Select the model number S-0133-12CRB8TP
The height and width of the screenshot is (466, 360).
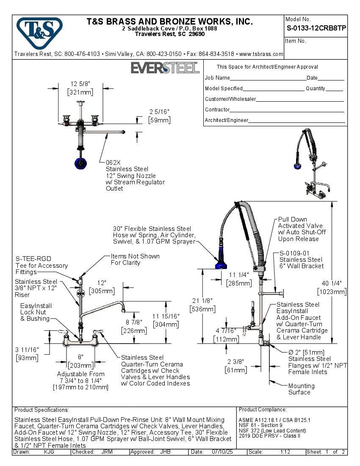(x=316, y=28)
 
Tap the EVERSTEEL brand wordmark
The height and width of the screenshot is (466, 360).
(x=165, y=68)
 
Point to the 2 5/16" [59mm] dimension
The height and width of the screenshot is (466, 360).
(x=159, y=116)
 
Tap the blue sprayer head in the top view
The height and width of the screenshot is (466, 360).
(x=79, y=163)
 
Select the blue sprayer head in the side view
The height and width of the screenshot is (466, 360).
(x=221, y=262)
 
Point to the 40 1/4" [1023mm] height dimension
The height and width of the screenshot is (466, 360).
(x=332, y=288)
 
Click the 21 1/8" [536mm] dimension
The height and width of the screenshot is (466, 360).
(x=202, y=305)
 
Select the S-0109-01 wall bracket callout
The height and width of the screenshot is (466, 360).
(x=301, y=260)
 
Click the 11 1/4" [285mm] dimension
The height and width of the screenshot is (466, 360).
(x=239, y=279)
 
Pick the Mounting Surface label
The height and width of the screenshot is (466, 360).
(x=301, y=389)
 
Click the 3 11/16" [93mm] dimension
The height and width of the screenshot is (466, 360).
(x=27, y=354)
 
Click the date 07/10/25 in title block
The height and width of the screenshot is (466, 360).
(x=223, y=452)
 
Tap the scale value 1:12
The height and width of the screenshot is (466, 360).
(x=285, y=452)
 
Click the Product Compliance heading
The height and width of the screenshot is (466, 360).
(x=263, y=410)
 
